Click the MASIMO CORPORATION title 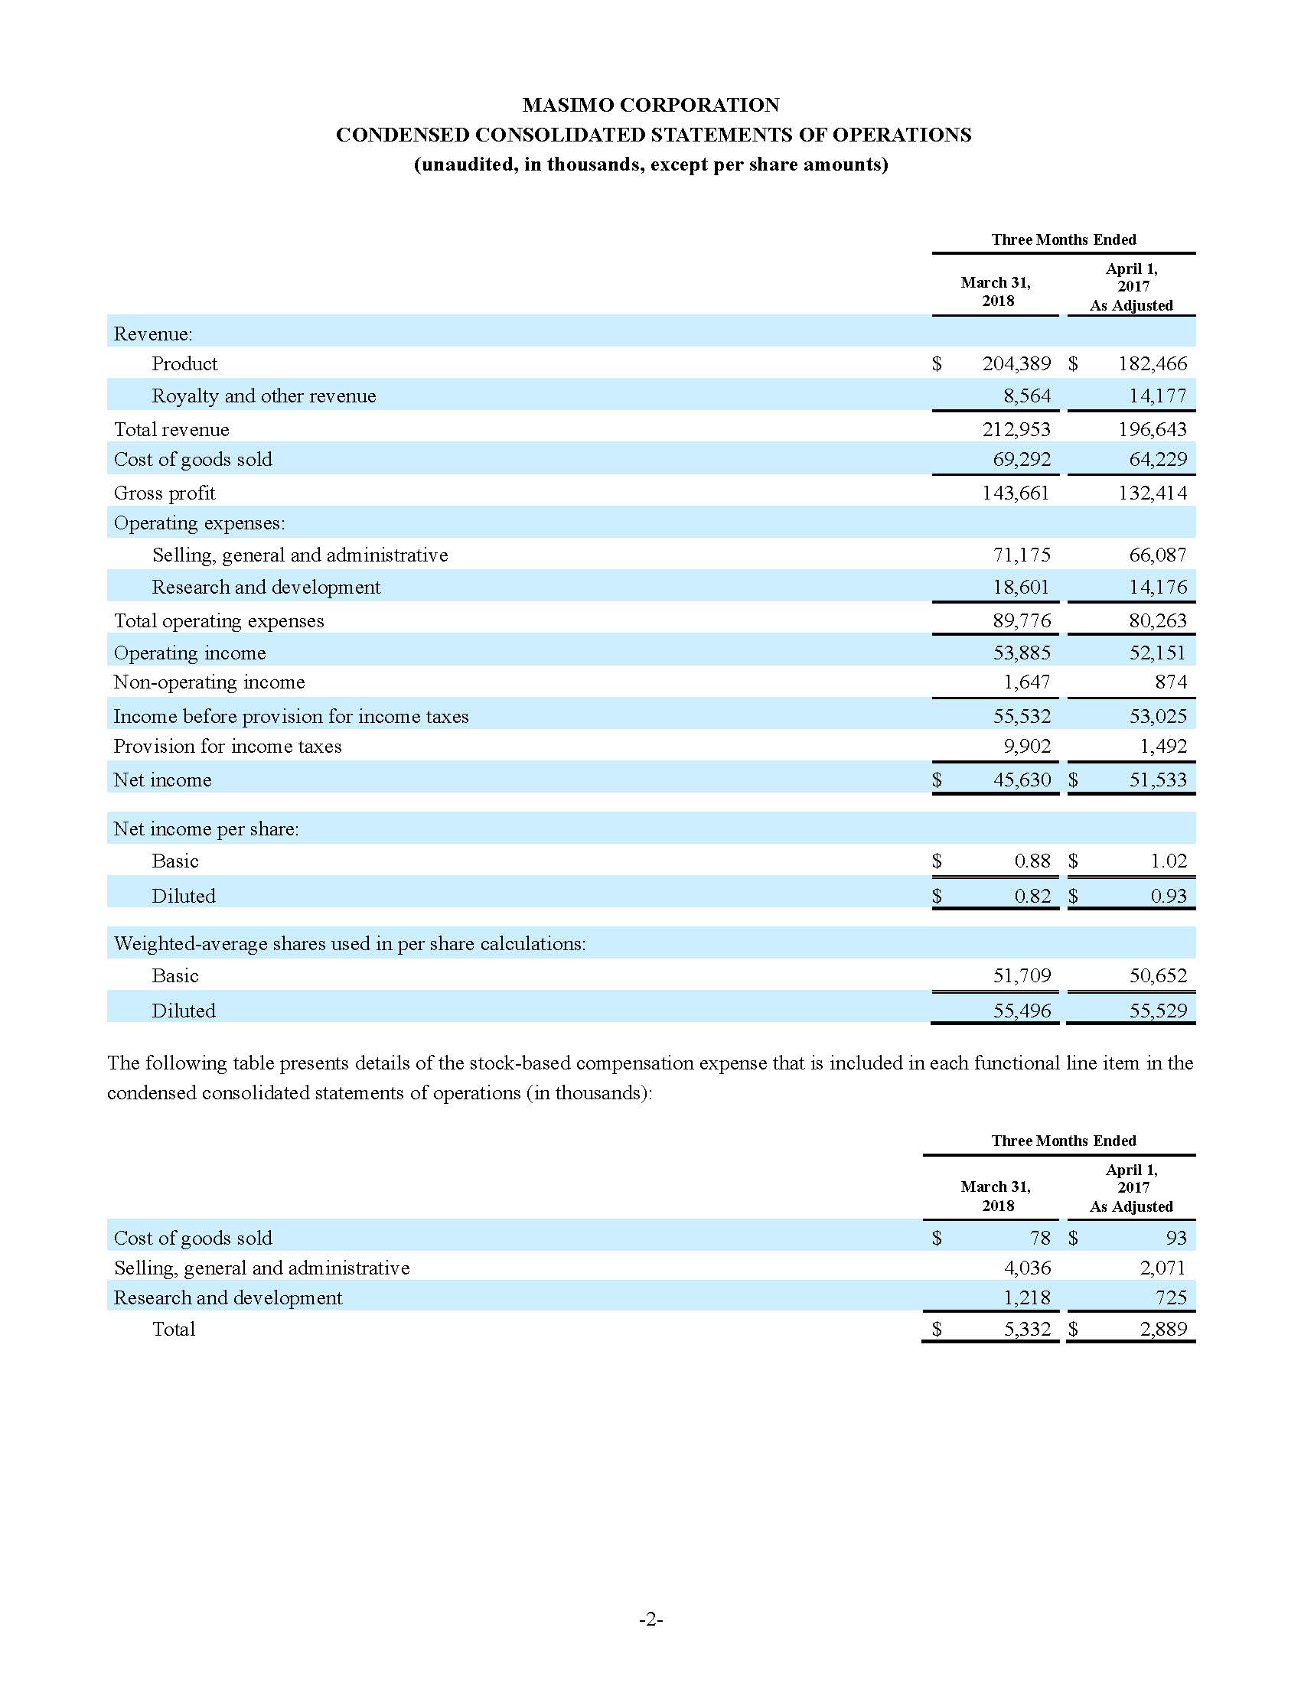click(x=650, y=105)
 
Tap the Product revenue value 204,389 click(x=1016, y=363)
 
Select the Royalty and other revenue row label click(x=263, y=396)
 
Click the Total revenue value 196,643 click(x=1153, y=429)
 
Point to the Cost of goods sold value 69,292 click(x=1021, y=459)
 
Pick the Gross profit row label click(x=165, y=493)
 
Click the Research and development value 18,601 click(x=1021, y=588)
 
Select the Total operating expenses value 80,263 click(x=1158, y=621)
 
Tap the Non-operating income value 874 click(x=1170, y=682)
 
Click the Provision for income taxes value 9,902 click(x=1026, y=746)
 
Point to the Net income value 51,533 click(x=1158, y=780)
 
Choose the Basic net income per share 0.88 click(x=1032, y=861)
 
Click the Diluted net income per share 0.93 click(x=1169, y=897)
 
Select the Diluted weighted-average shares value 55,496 click(x=1021, y=1011)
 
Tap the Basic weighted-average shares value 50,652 click(x=1158, y=976)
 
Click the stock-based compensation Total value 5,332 click(x=1026, y=1330)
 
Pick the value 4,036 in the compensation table click(x=1026, y=1268)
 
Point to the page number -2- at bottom click(x=650, y=1619)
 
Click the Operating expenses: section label click(x=199, y=523)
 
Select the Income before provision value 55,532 click(x=1021, y=716)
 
